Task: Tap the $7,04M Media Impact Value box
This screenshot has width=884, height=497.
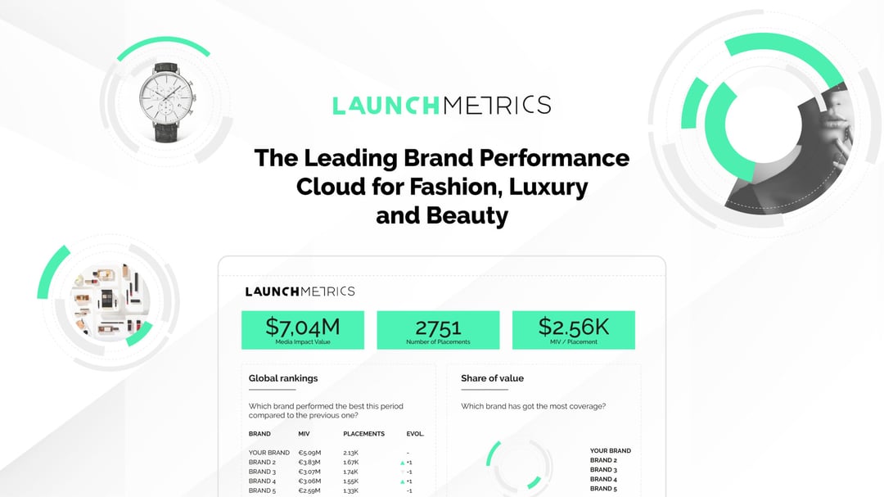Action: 303,330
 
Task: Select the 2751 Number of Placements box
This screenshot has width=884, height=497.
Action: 438,330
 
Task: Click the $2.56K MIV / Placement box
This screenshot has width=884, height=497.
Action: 573,330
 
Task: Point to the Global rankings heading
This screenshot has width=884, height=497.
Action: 283,378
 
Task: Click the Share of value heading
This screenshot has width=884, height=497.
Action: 492,378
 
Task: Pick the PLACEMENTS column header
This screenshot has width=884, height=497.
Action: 363,434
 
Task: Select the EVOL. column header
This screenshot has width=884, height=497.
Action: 415,434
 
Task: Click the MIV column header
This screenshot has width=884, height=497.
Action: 304,434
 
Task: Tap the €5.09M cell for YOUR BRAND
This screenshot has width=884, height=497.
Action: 310,453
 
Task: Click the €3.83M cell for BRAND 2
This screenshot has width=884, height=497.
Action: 310,463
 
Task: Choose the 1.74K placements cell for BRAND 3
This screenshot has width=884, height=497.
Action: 351,472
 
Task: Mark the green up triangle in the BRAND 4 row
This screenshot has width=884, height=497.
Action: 403,481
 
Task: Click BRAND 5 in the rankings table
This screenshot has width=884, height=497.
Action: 262,490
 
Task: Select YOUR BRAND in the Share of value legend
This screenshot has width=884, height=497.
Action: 610,450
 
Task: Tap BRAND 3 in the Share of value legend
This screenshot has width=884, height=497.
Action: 602,470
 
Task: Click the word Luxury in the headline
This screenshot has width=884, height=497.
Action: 548,187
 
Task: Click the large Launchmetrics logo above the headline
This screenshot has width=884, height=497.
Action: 441,105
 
